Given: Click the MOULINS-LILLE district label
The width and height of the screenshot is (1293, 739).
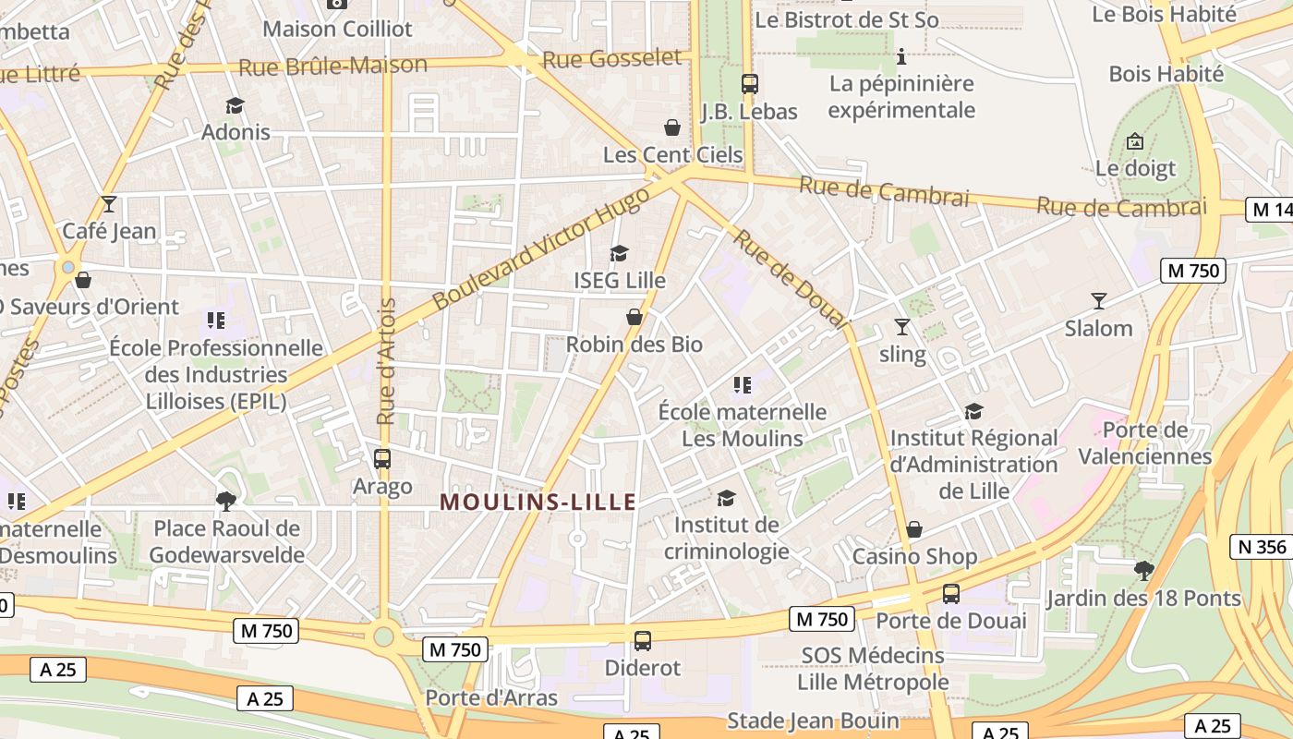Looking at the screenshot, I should (x=538, y=502).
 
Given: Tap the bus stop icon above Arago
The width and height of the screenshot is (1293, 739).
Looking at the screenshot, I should (x=381, y=458).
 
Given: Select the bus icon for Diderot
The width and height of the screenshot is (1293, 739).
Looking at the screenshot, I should (x=643, y=639).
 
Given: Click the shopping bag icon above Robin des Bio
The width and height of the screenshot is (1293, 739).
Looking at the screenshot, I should (x=634, y=317).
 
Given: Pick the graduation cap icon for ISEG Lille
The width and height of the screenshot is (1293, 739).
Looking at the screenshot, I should (x=619, y=253).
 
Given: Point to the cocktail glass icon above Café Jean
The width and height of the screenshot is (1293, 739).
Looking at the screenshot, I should (x=109, y=204).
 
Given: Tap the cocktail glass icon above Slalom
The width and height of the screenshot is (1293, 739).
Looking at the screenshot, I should (x=1098, y=301).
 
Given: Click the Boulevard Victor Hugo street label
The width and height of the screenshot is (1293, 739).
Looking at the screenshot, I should (x=540, y=254).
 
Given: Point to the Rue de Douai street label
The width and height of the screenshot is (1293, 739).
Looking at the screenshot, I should (x=790, y=277).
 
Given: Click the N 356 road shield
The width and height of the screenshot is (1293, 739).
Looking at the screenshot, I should (x=1262, y=547).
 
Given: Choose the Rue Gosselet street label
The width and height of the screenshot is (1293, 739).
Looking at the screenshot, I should (x=611, y=59).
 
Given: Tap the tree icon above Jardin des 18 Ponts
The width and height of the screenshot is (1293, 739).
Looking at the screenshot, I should (x=1143, y=571).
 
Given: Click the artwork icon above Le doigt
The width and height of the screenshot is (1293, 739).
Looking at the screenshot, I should (x=1135, y=141).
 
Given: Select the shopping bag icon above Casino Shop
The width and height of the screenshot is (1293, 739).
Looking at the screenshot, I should (x=913, y=529).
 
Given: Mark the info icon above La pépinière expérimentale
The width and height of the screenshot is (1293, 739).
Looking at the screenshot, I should (x=901, y=57).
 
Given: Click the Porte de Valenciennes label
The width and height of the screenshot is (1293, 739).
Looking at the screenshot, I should (x=1145, y=442).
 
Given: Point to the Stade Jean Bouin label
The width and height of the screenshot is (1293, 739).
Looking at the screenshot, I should (x=813, y=721).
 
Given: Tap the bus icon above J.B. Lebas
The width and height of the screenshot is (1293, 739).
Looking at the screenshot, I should (x=749, y=84).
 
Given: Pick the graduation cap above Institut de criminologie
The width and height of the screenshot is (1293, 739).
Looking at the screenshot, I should (x=726, y=498).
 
